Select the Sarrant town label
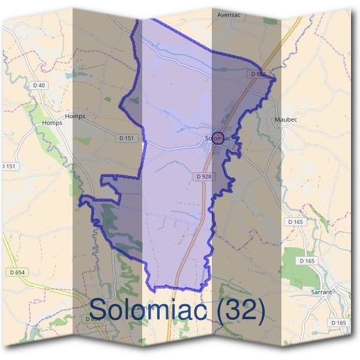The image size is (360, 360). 321,292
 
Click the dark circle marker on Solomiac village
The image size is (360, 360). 218,138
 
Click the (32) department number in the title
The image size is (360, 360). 241,310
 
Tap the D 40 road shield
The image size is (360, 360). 39,85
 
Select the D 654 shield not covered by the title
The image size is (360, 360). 18,272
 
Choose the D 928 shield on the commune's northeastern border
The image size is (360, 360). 257,74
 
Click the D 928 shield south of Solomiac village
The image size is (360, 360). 203,176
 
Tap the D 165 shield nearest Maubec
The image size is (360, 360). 295,222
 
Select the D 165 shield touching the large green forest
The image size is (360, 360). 307,260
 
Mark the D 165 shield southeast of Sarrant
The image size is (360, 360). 339,323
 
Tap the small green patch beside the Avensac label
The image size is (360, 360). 270,20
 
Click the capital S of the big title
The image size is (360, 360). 101,309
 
